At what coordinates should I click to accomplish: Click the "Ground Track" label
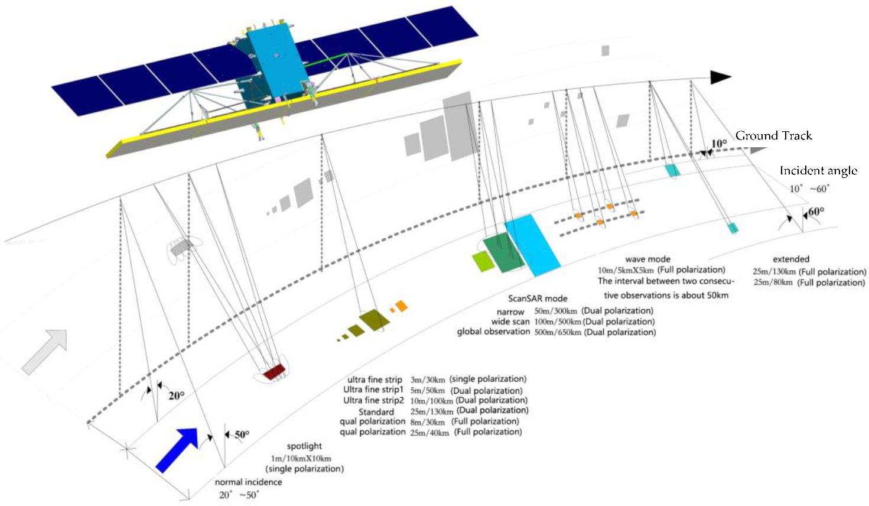[773, 136]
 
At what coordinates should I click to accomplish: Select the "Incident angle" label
[818, 171]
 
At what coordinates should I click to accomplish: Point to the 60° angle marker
[816, 212]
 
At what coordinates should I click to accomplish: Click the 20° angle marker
[176, 395]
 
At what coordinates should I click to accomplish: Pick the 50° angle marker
[242, 434]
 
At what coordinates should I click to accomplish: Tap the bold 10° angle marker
[719, 144]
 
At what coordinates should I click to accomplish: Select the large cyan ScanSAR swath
[532, 244]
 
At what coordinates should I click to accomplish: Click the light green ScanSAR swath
[483, 261]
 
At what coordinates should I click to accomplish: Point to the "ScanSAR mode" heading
[538, 299]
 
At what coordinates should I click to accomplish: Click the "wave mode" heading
[647, 259]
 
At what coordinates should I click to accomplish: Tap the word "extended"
[791, 259]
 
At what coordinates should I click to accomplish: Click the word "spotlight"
[304, 446]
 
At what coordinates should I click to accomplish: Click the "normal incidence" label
[248, 482]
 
